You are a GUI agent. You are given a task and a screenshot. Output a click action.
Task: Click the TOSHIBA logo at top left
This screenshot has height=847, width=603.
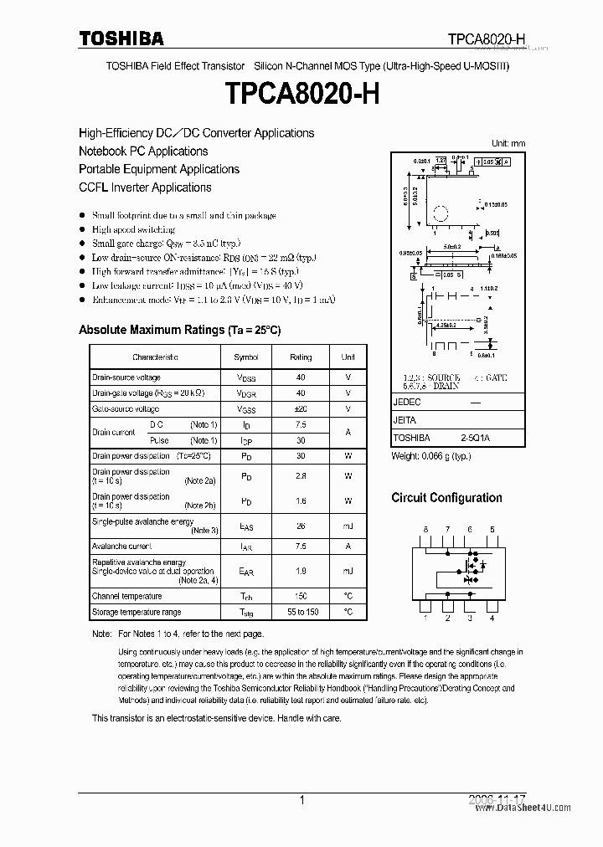coord(122,38)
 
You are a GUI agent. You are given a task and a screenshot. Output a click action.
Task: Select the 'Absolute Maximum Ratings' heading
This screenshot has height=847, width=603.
coord(179,330)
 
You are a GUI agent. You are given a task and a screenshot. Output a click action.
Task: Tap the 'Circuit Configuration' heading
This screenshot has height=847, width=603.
coord(446,498)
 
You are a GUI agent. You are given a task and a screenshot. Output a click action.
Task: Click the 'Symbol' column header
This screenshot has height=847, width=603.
coord(246,357)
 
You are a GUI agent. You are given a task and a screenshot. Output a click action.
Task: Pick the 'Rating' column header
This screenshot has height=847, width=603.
coord(301,357)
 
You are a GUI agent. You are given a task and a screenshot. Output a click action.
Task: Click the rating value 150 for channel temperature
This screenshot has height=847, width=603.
coord(301,596)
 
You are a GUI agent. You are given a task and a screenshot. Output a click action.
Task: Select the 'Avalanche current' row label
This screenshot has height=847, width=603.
coord(122,546)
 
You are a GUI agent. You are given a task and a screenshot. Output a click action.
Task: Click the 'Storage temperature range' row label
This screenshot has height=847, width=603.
coord(137,613)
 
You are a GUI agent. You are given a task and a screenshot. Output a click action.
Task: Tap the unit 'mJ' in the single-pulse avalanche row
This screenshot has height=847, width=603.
coord(348,526)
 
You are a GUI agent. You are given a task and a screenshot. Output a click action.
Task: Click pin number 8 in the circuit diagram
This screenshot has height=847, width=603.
coord(425,530)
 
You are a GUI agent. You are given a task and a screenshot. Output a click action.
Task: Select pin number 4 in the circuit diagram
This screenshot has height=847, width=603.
coord(492,619)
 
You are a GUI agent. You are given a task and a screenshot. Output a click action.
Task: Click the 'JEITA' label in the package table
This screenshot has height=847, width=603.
coord(405,420)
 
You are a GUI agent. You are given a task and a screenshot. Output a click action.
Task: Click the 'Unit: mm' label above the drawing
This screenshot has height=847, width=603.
coord(508,143)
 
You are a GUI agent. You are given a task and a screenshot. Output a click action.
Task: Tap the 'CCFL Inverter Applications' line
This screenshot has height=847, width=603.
coord(145,187)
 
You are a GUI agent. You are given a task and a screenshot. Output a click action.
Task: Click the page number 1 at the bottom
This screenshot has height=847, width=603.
coord(301,800)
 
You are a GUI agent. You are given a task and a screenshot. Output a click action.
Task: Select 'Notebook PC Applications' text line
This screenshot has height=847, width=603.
coord(143,151)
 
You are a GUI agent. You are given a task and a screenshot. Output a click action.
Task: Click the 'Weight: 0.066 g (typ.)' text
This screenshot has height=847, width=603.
coord(431,456)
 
